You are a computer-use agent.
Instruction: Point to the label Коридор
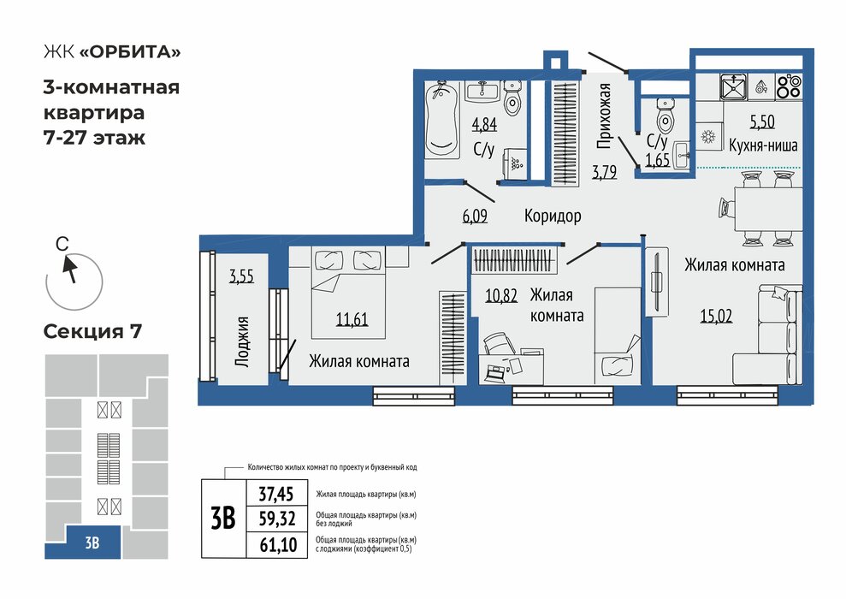pyautogui.click(x=553, y=216)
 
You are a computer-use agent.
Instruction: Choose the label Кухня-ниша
pyautogui.click(x=762, y=145)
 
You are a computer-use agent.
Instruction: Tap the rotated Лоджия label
pyautogui.click(x=242, y=341)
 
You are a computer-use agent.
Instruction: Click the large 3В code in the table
pyautogui.click(x=222, y=519)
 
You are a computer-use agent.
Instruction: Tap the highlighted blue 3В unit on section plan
pyautogui.click(x=92, y=543)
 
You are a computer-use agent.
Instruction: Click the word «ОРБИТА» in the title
pyautogui.click(x=130, y=51)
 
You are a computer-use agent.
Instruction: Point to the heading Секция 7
pyautogui.click(x=92, y=331)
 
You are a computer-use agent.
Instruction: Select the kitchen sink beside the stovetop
pyautogui.click(x=733, y=86)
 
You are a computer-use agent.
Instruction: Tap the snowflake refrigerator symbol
pyautogui.click(x=707, y=138)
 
